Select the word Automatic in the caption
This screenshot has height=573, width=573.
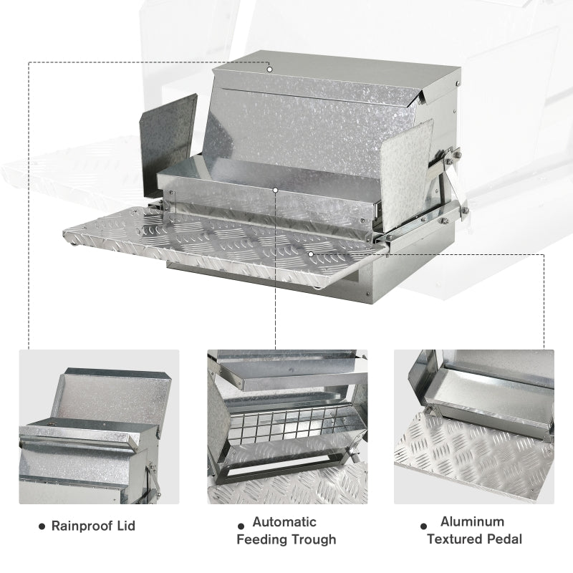[x=284, y=522]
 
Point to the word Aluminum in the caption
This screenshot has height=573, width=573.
[x=472, y=521]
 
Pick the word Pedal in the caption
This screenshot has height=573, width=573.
[x=504, y=539]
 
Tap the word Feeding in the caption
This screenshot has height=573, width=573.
[x=261, y=539]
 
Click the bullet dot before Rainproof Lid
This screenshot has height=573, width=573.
[x=42, y=526]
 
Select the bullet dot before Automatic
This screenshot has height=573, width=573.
[x=241, y=524]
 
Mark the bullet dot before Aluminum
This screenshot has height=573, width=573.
[x=424, y=525]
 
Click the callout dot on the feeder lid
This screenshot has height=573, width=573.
[x=269, y=69]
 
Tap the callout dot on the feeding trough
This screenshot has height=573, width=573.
[x=276, y=190]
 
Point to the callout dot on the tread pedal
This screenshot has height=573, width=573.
[x=310, y=253]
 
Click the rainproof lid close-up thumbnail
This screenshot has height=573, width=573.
[x=99, y=426]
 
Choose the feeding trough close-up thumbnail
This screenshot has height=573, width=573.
[x=286, y=426]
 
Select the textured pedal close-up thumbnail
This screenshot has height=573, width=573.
[x=474, y=426]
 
